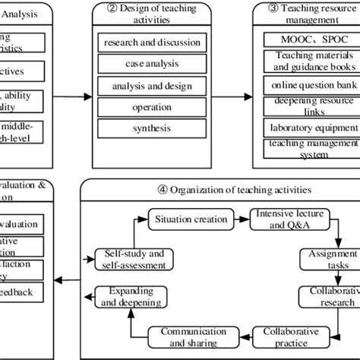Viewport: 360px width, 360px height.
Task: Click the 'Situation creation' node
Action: click(190, 219)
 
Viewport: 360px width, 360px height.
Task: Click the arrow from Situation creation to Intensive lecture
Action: click(241, 219)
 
